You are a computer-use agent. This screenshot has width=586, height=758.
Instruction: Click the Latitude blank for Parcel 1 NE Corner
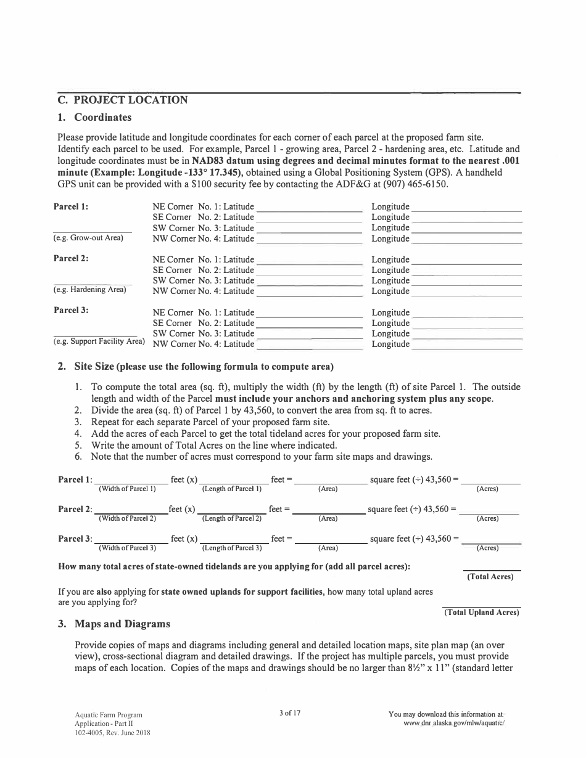pos(308,208)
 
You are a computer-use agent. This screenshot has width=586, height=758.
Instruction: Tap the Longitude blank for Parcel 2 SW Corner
pos(466,282)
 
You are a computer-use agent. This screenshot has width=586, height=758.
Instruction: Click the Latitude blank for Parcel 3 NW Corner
pos(308,345)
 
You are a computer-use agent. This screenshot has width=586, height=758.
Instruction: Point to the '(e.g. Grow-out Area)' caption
pos(88,238)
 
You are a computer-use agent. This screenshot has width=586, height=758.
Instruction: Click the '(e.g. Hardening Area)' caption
pos(89,290)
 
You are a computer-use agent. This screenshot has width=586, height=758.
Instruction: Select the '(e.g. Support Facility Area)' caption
pos(99,341)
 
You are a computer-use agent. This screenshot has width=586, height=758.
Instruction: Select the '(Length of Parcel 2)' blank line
pos(231,511)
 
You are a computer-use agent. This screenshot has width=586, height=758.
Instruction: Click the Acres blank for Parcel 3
pos(491,540)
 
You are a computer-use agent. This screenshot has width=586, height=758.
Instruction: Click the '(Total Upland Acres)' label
pos(482,613)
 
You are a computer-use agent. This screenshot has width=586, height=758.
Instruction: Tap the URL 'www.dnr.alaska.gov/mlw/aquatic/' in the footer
pos(453,723)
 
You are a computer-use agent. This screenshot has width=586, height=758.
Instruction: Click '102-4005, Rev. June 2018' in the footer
pos(112,733)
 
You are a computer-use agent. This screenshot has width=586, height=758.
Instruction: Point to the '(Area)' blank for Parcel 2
pos(328,511)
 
